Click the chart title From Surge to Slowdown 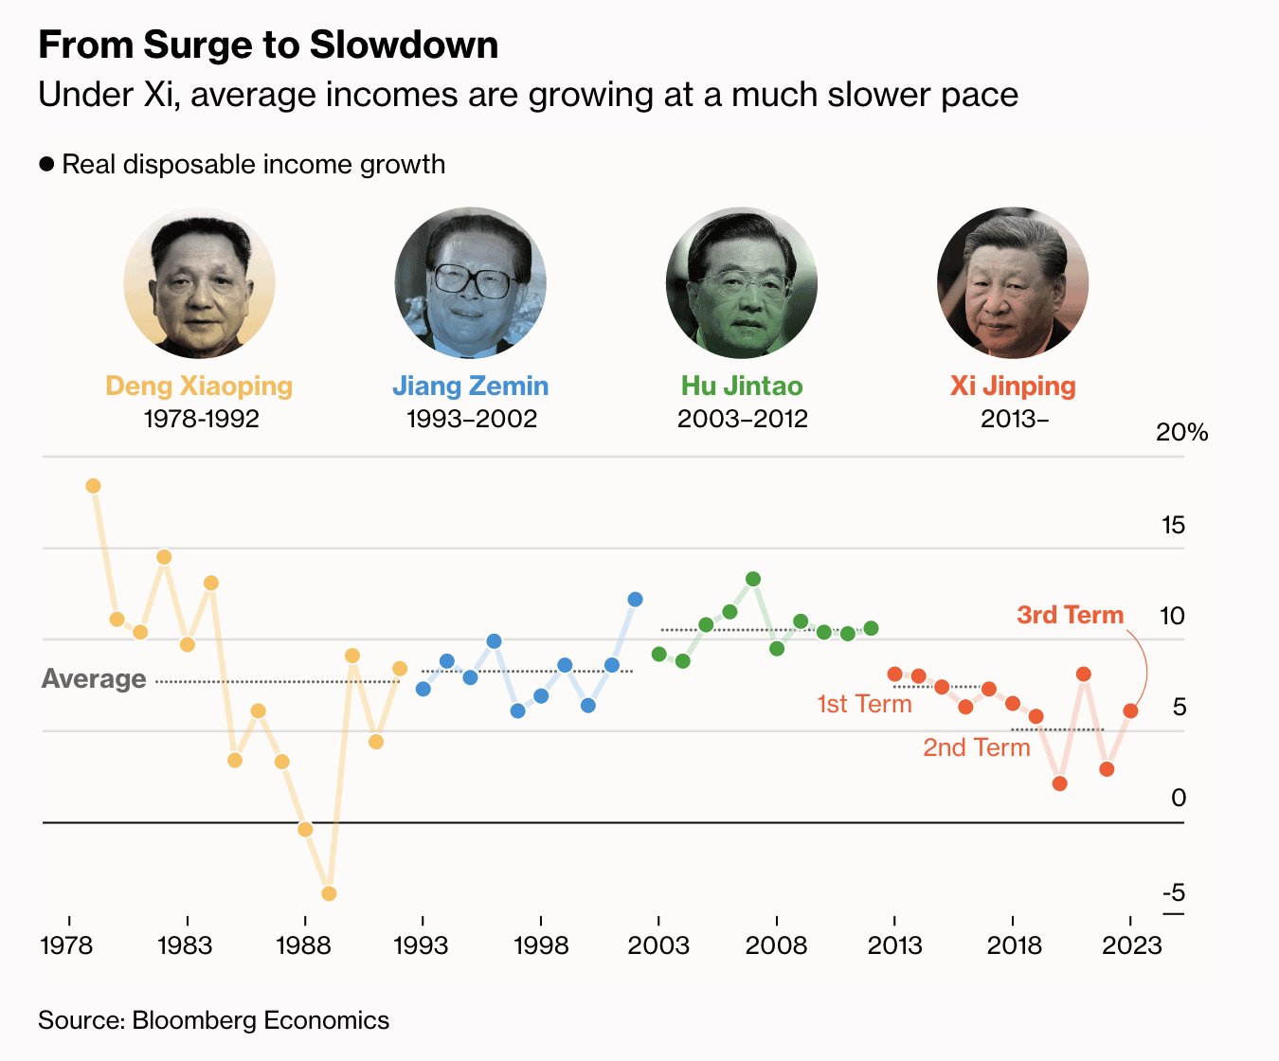(x=268, y=45)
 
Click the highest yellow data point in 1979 (x=93, y=486)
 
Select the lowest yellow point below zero (x=329, y=893)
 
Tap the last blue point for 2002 (x=635, y=600)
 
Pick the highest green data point (x=753, y=579)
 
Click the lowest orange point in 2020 (x=1060, y=783)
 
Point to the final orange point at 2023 (x=1130, y=710)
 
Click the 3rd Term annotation (x=1070, y=615)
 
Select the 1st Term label (x=864, y=704)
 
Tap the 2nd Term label (x=976, y=747)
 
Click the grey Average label (x=94, y=679)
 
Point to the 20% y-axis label (x=1181, y=433)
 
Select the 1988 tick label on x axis (x=304, y=944)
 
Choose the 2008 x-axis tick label (x=776, y=944)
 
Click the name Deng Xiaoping (x=199, y=387)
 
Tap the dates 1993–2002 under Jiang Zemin (x=471, y=419)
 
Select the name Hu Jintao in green (x=742, y=387)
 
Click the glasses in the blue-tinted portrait (x=471, y=281)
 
